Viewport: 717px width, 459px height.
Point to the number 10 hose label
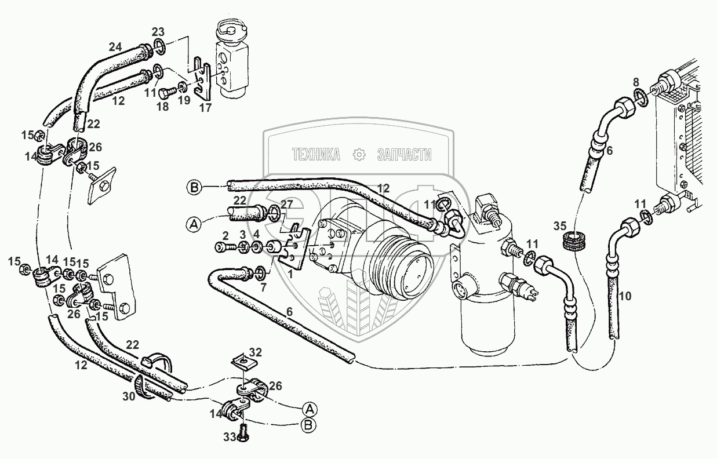click(x=624, y=297)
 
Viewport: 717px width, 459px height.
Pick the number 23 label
click(x=158, y=32)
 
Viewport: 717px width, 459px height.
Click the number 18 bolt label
click(x=163, y=107)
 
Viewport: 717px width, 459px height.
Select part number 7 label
click(x=264, y=287)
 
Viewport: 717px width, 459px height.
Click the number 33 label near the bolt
click(x=230, y=437)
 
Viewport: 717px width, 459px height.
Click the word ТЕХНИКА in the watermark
click(x=315, y=154)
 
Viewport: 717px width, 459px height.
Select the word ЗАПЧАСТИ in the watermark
click(x=404, y=154)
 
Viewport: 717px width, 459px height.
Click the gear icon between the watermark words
click(x=359, y=154)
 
